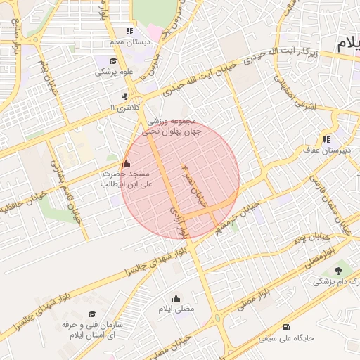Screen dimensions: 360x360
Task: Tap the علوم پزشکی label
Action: [115, 72]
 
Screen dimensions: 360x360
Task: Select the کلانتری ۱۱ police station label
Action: [124, 107]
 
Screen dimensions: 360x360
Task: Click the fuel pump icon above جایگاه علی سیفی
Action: [285, 327]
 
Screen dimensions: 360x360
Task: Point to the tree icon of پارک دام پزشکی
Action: [340, 271]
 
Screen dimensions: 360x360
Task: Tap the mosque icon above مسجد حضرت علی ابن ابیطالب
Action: [126, 164]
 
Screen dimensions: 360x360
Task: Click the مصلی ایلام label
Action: [175, 309]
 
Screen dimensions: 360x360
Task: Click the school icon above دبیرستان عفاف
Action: [326, 138]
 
